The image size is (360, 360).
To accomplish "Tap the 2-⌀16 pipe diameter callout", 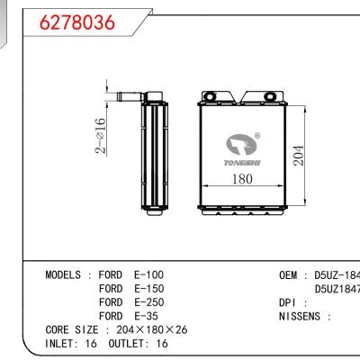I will pos(101,136).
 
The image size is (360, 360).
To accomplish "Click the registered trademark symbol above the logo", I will pos(258,136).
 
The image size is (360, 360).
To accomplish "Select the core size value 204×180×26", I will pos(154,330).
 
